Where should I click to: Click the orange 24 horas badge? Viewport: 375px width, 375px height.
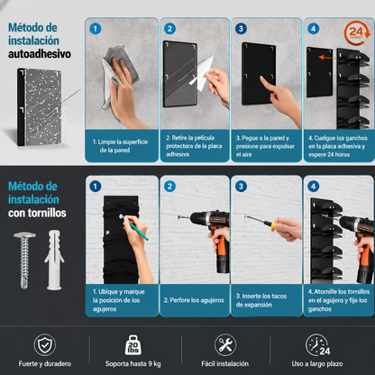357,32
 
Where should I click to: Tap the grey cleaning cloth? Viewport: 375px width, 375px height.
118,72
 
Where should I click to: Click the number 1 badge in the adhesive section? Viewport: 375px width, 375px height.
96,29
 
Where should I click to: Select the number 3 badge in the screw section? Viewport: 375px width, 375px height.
241,187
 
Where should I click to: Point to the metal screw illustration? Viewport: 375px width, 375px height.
24,261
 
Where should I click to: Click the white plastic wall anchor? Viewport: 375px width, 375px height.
54,260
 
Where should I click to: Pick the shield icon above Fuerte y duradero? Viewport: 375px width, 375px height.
45,345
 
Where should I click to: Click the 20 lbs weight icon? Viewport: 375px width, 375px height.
133,345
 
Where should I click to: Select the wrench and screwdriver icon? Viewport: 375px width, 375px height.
225,345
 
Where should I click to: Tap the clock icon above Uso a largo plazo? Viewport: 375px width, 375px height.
317,345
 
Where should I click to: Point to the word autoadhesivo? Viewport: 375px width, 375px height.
40,54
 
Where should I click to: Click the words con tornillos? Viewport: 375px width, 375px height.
37,213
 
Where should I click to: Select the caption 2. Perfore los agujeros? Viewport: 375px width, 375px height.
194,300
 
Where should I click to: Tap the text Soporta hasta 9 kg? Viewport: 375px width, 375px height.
133,364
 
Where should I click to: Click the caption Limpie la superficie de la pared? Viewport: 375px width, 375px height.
120,146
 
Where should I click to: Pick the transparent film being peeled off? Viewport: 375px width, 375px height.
201,73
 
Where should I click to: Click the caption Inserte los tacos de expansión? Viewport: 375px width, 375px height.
261,300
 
